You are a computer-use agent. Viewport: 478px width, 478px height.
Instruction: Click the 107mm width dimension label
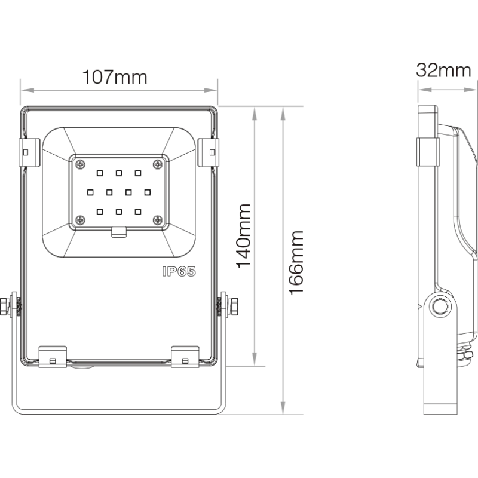(115, 78)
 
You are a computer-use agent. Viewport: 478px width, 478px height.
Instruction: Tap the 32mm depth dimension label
(443, 71)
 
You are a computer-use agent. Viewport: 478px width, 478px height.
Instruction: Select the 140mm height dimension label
(244, 236)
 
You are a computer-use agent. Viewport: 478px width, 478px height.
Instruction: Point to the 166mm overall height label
(296, 263)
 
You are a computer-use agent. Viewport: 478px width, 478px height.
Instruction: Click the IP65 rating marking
(179, 272)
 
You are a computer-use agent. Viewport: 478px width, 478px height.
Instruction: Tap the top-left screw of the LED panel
(80, 165)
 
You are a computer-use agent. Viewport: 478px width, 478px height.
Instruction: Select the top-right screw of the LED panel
(158, 165)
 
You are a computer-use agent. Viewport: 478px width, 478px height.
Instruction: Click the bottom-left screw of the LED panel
(80, 219)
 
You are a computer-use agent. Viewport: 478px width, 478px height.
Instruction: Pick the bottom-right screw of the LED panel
(158, 219)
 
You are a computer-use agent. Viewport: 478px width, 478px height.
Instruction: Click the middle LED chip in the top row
(119, 173)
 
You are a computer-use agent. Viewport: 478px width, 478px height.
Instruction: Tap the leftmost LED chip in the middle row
(90, 192)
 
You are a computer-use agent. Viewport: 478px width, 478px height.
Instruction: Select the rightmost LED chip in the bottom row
(138, 212)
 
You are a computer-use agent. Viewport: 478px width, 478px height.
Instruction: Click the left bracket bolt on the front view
(5, 307)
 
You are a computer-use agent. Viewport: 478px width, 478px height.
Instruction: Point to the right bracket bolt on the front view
(234, 307)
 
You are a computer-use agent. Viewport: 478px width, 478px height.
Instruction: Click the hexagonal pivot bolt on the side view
(440, 306)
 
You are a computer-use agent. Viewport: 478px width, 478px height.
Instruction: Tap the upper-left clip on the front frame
(29, 152)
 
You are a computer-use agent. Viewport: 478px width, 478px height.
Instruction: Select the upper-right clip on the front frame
(209, 152)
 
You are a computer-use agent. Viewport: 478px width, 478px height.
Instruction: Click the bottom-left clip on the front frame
(53, 357)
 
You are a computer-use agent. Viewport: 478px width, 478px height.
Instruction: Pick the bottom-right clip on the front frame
(185, 357)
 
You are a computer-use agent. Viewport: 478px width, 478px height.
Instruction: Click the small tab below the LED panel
(119, 232)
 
